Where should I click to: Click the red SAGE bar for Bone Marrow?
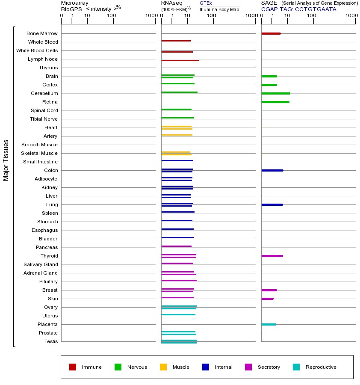click(x=271, y=33)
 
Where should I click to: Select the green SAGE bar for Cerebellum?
click(x=275, y=93)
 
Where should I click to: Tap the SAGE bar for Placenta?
click(x=269, y=324)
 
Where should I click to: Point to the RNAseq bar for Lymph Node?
click(x=180, y=60)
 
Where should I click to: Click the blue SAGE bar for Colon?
click(x=272, y=170)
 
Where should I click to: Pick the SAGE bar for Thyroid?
click(x=272, y=256)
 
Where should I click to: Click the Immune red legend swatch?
click(x=73, y=367)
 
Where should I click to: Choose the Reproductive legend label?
click(x=321, y=367)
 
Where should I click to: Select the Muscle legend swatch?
click(x=163, y=367)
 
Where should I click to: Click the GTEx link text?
click(x=206, y=3)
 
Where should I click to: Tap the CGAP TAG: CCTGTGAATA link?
click(x=298, y=9)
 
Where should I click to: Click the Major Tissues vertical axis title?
click(x=6, y=160)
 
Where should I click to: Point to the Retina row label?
click(x=50, y=102)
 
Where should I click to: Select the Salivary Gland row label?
click(x=41, y=264)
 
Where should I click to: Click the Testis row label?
click(x=51, y=341)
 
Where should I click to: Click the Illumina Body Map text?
click(x=219, y=9)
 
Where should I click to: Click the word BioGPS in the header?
click(x=71, y=9)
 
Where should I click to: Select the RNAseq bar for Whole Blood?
click(x=176, y=41)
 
